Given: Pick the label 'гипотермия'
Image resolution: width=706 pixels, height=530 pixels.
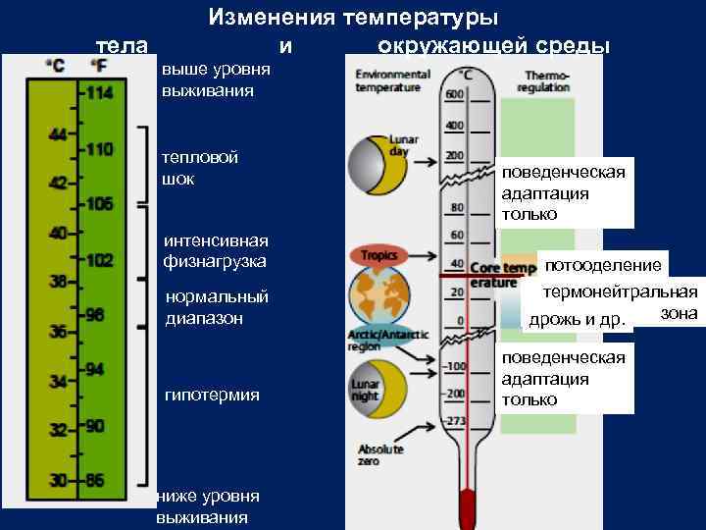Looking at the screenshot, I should (x=212, y=395).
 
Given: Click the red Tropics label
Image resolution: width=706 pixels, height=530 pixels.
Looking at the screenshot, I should (x=378, y=255).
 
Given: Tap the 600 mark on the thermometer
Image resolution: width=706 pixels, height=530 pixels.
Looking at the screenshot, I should (x=455, y=94).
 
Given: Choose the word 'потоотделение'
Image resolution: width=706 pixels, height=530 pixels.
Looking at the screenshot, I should (x=603, y=265).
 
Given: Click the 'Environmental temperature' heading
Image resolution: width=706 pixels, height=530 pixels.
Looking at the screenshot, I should (x=392, y=80).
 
